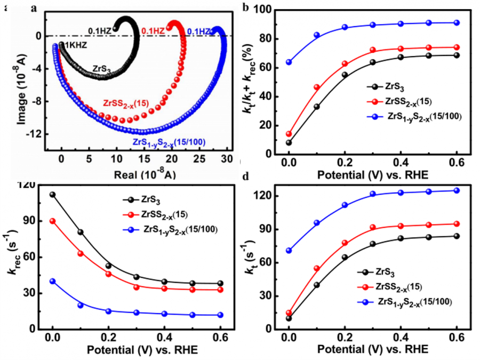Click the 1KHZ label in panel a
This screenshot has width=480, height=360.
click(x=76, y=46)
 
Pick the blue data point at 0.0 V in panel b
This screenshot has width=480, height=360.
click(x=289, y=62)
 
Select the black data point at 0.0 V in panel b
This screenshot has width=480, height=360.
click(x=289, y=142)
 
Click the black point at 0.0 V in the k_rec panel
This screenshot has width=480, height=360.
click(x=52, y=195)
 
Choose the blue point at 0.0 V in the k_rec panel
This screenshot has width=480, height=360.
click(x=52, y=281)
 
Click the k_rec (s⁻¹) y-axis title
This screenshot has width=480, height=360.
click(x=12, y=258)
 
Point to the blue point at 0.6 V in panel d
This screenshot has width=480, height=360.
click(x=457, y=190)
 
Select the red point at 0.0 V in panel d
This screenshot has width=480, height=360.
click(x=289, y=313)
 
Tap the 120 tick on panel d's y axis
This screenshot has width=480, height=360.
click(x=269, y=196)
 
